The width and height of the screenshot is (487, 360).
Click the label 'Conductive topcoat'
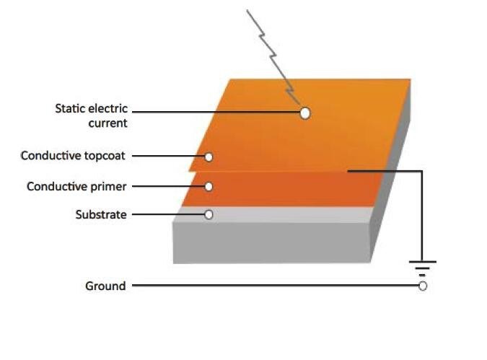pos(74,156)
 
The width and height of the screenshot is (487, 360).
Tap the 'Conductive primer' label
pos(76,186)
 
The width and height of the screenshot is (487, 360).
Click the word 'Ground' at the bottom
pos(105,286)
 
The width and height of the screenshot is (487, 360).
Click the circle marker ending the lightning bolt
pos(305,113)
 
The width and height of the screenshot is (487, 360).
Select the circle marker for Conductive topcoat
pos(209,157)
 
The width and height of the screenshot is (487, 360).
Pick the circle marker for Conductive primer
pos(209,186)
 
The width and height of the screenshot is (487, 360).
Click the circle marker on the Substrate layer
pos(209,214)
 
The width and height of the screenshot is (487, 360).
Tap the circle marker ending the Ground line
pos(423,286)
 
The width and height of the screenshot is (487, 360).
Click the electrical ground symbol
pos(423,267)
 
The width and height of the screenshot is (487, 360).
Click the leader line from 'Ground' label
pos(274,286)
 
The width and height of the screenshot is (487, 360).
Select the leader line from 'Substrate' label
pos(166,214)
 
